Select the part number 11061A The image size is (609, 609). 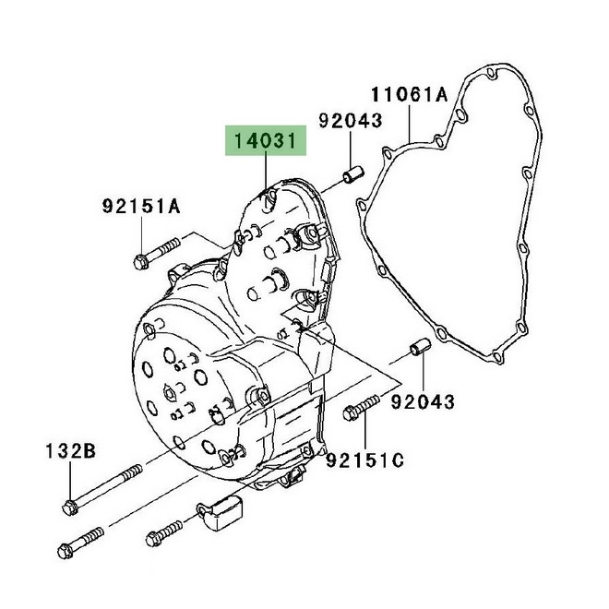pyautogui.click(x=410, y=93)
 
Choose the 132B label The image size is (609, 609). pyautogui.click(x=70, y=450)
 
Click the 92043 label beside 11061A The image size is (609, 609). pyautogui.click(x=351, y=120)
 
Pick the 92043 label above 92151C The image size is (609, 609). pyautogui.click(x=423, y=401)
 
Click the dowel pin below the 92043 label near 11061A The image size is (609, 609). pyautogui.click(x=352, y=173)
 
